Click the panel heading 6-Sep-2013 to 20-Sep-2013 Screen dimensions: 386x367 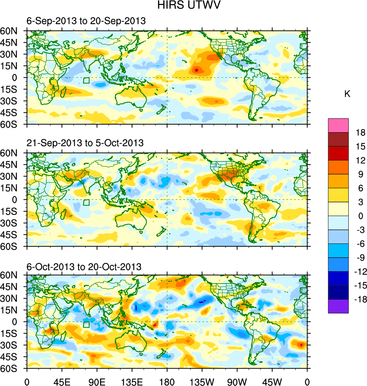pyautogui.click(x=86, y=21)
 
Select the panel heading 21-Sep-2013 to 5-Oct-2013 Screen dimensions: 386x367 pyautogui.click(x=85, y=143)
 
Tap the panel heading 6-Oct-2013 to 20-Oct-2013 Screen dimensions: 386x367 pyautogui.click(x=84, y=266)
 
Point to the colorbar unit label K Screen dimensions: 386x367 pyautogui.click(x=347, y=94)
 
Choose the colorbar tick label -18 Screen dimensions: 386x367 pyautogui.click(x=360, y=300)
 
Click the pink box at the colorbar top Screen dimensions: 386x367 pyautogui.click(x=338, y=125)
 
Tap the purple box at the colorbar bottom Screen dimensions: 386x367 pyautogui.click(x=338, y=306)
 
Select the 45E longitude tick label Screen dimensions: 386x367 pyautogui.click(x=62, y=381)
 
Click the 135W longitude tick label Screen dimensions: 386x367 pyautogui.click(x=202, y=381)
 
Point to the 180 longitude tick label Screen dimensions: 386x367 pyautogui.click(x=167, y=381)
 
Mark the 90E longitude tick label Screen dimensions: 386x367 pyautogui.click(x=97, y=381)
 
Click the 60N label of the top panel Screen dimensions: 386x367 pyautogui.click(x=12, y=31)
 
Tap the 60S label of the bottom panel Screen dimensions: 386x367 pyautogui.click(x=12, y=369)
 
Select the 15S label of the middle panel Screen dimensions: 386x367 pyautogui.click(x=12, y=211)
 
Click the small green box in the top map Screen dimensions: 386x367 pyautogui.click(x=86, y=80)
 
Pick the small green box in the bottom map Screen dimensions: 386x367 pyautogui.click(x=86, y=324)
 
